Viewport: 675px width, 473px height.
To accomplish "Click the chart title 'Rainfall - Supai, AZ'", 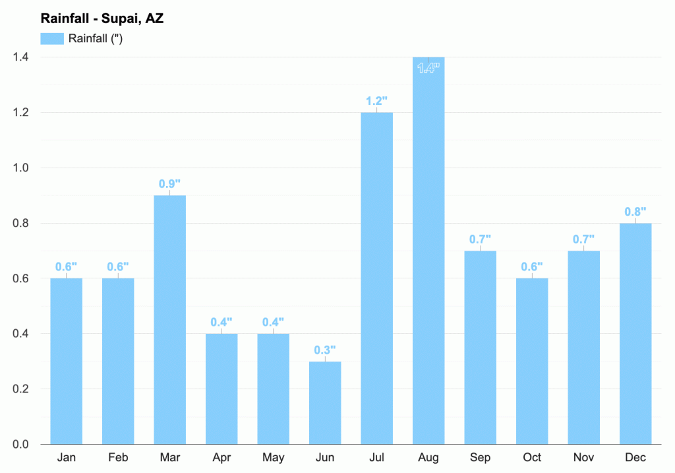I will coord(102,18).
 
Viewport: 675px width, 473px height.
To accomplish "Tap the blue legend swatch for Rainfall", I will coord(52,38).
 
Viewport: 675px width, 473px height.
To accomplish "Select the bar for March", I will coord(169,320).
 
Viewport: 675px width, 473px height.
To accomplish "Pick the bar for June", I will coord(325,402).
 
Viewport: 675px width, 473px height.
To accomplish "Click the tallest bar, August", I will coord(428,251).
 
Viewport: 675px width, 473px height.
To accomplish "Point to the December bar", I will coord(635,334).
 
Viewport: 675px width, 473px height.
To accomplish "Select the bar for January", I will coord(66,362).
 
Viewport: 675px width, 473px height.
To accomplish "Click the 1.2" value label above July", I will coord(377,102).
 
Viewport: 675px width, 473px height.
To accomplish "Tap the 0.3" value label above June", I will coord(325,350).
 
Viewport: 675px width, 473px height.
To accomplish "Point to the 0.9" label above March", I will coord(169,184).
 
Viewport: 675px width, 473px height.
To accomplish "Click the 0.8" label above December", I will coord(635,212).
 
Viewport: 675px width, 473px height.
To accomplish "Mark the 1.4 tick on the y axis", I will coord(21,57).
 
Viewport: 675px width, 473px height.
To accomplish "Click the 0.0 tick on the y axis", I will coord(21,444).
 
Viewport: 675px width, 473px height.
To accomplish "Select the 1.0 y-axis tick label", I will coord(21,168).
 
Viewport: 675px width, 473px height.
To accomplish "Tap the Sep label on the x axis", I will coord(480,458).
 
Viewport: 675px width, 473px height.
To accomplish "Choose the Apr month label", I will coord(221,458).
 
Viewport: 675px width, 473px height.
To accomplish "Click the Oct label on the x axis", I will coord(532,458).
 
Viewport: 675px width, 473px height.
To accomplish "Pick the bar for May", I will coord(273,389).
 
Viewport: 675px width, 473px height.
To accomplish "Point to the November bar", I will coord(583,348).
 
